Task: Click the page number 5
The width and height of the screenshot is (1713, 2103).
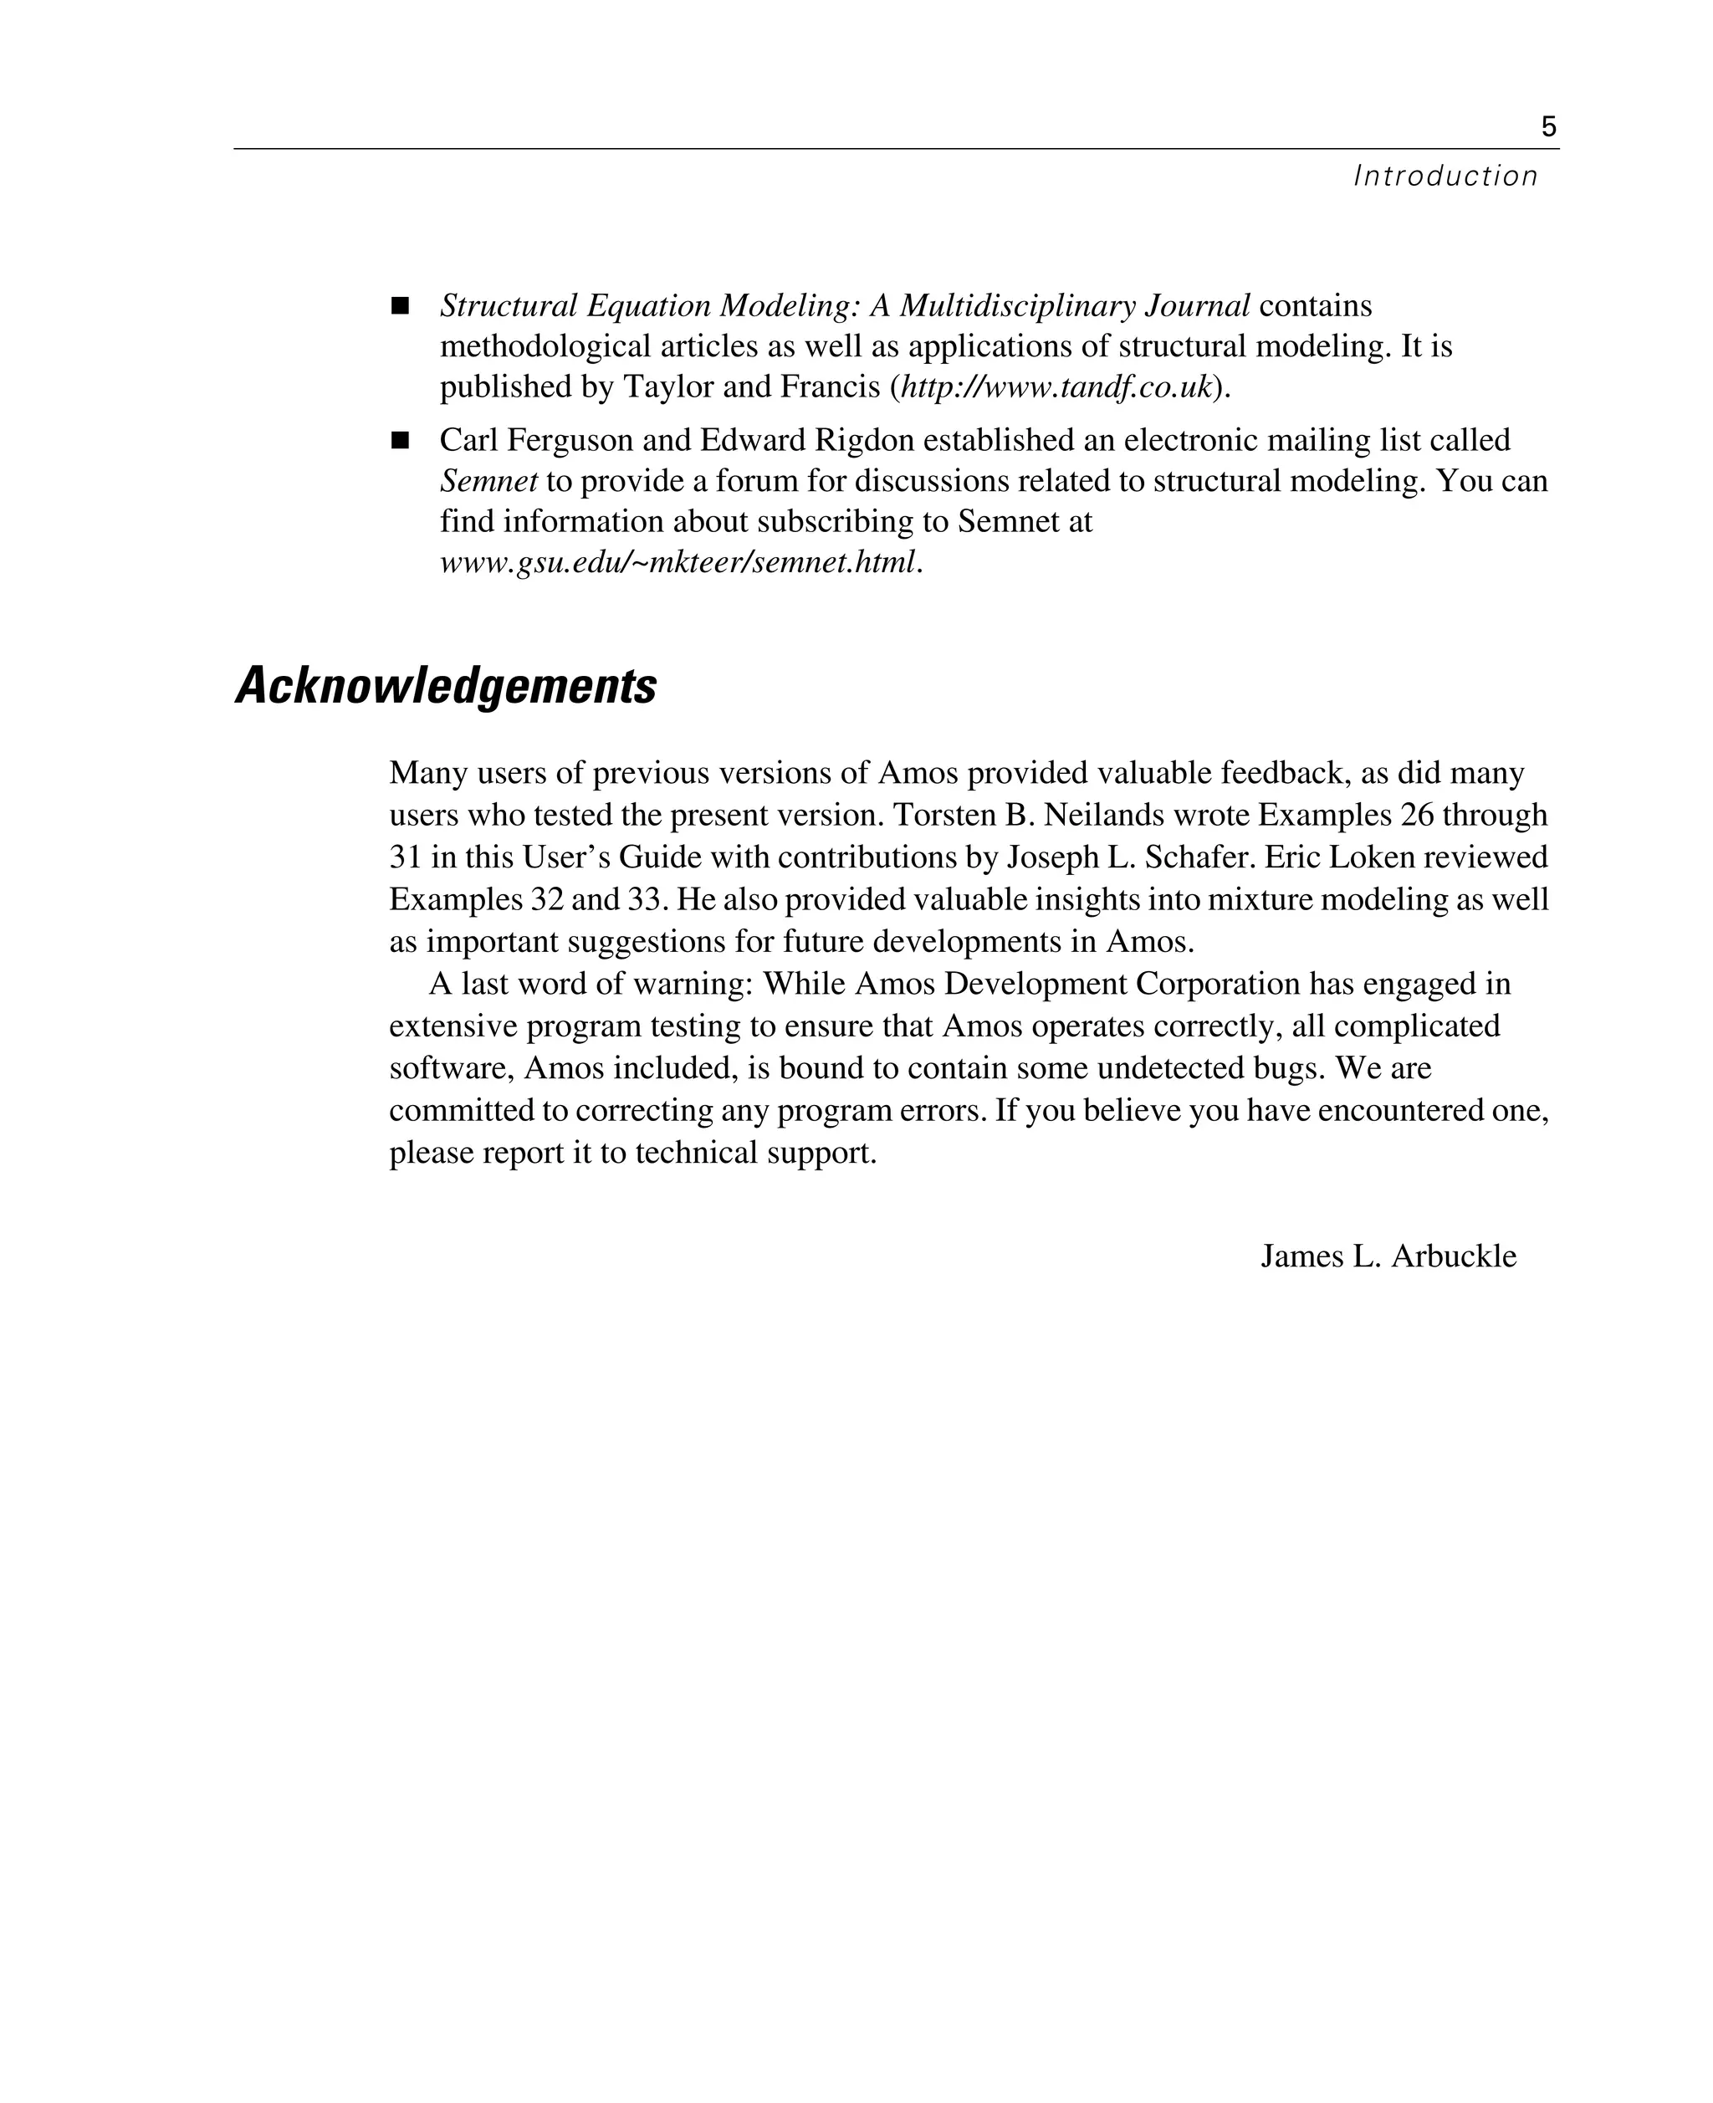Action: click(1548, 127)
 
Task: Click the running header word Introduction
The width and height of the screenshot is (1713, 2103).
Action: click(1445, 177)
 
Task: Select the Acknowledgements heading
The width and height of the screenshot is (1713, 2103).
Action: click(446, 686)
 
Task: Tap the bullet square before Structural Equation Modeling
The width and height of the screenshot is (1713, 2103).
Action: click(400, 306)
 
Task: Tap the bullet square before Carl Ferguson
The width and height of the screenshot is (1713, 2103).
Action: click(400, 440)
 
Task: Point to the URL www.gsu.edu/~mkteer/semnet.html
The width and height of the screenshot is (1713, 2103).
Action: click(679, 562)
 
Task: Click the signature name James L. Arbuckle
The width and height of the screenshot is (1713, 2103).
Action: click(1388, 1256)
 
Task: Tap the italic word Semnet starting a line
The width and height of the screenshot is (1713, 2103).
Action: click(488, 482)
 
